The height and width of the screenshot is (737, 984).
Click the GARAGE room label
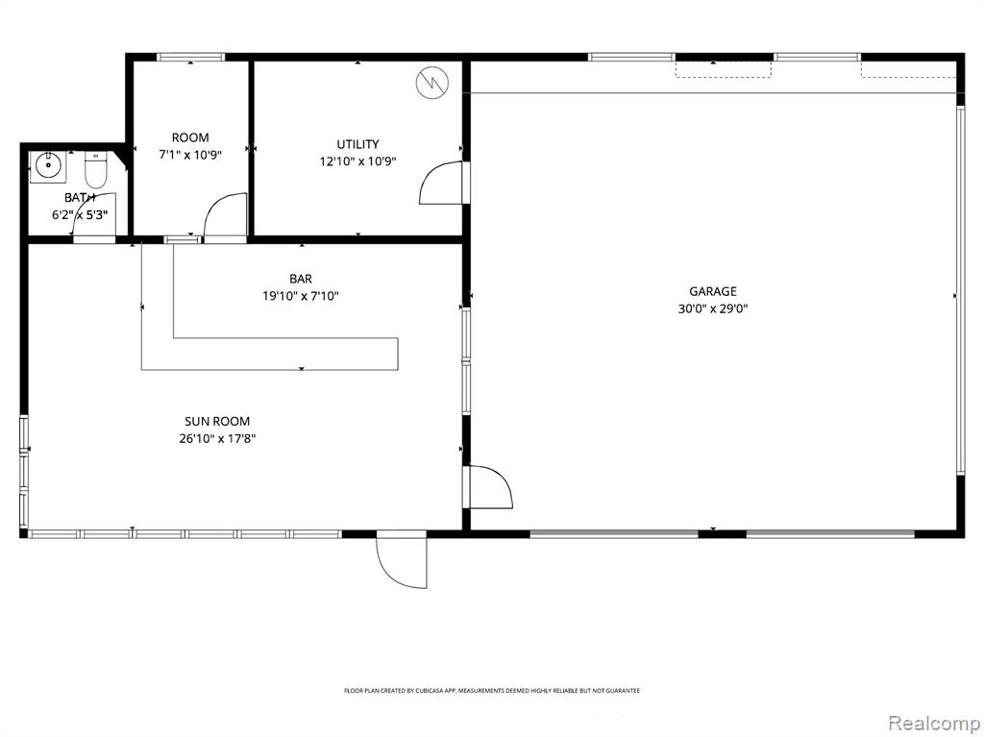click(713, 291)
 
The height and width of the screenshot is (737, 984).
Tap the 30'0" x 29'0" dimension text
click(713, 308)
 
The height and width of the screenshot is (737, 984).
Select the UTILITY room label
click(357, 144)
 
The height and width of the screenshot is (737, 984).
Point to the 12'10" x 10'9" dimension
click(357, 161)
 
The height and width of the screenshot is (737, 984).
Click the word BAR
click(301, 279)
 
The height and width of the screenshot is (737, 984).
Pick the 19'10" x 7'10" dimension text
click(301, 296)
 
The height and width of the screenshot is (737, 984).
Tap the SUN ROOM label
click(217, 421)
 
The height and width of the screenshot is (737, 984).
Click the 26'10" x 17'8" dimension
click(217, 438)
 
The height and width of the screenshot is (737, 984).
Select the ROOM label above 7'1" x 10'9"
click(190, 137)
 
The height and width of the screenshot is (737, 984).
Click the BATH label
click(80, 198)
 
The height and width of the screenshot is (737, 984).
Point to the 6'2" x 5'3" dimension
click(80, 214)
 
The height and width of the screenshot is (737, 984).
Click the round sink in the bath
click(48, 166)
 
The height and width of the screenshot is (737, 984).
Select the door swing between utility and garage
click(442, 183)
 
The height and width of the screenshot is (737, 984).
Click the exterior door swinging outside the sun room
click(402, 562)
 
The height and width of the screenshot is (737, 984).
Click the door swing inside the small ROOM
click(225, 215)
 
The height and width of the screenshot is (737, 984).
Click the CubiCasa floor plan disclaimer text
click(492, 691)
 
